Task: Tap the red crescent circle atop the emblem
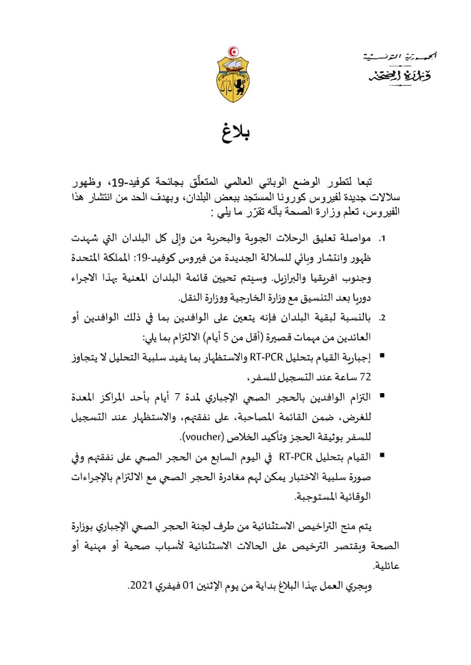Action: click(235, 54)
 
